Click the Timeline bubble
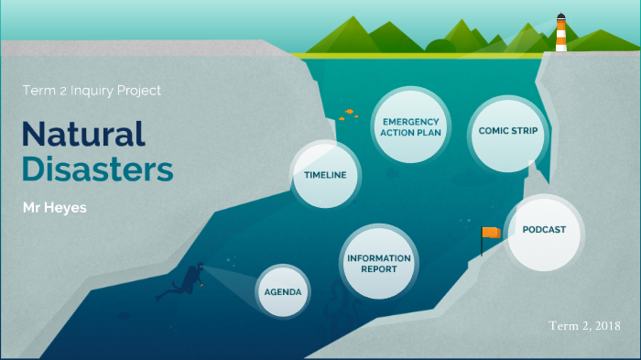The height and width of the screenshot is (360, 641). [x=324, y=174]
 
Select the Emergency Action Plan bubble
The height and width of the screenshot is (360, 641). [x=411, y=127]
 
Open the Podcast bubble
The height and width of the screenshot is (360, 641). [x=544, y=230]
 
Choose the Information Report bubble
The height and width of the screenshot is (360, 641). [x=378, y=263]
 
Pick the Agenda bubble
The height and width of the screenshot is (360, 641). [x=283, y=291]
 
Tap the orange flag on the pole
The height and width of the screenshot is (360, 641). [x=492, y=232]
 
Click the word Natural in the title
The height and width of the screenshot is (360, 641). [x=83, y=134]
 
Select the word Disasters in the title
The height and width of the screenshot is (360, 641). [x=97, y=170]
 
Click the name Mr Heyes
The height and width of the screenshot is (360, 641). [x=55, y=209]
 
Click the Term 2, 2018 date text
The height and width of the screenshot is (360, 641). [x=584, y=326]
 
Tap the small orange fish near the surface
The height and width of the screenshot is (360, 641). [x=349, y=113]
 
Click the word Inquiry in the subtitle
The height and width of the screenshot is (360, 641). [x=93, y=91]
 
